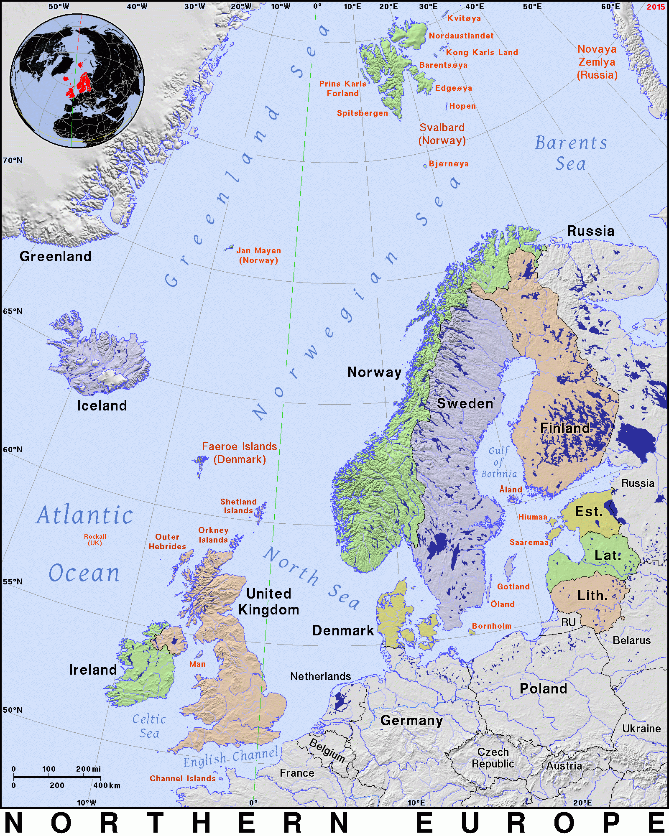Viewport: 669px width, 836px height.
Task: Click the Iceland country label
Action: click(102, 405)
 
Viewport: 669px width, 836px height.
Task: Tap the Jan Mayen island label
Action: click(258, 255)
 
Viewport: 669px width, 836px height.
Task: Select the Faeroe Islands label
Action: click(240, 453)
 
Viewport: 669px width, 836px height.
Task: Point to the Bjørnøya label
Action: click(449, 164)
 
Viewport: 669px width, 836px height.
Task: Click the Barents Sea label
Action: click(571, 153)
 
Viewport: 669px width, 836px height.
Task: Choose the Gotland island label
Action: click(513, 587)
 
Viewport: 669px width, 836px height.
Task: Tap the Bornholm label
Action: click(492, 626)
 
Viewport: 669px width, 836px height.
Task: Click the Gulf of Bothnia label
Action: click(499, 462)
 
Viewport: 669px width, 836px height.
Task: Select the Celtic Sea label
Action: click(149, 726)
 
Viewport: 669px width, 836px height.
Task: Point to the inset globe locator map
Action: click(77, 81)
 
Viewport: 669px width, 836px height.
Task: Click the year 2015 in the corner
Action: click(655, 7)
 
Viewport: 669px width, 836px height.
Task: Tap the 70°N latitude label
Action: click(13, 161)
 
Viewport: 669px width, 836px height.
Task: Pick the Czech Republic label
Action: click(493, 758)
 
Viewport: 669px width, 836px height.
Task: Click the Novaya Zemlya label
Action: click(597, 62)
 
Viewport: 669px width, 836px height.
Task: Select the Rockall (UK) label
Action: click(95, 540)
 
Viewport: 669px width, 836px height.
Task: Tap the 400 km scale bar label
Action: click(107, 785)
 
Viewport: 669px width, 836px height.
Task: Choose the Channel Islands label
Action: click(183, 778)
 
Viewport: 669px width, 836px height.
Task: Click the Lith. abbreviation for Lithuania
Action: click(592, 596)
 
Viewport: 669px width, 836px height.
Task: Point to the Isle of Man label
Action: click(197, 664)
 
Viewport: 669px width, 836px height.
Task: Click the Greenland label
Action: click(56, 256)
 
